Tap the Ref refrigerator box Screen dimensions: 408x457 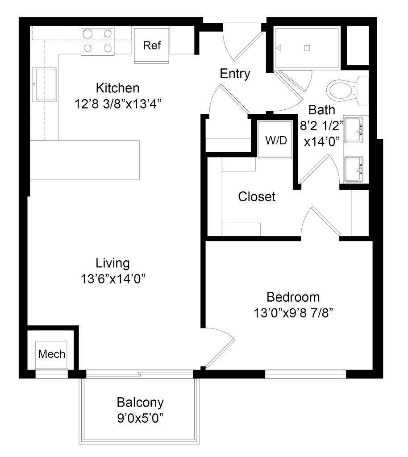152,46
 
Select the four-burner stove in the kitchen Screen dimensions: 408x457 97,41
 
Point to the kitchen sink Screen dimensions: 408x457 44,85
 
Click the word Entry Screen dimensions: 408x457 235,74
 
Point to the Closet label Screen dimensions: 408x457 256,196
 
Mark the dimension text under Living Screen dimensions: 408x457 113,279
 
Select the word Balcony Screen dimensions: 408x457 141,403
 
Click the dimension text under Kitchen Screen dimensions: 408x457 118,104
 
